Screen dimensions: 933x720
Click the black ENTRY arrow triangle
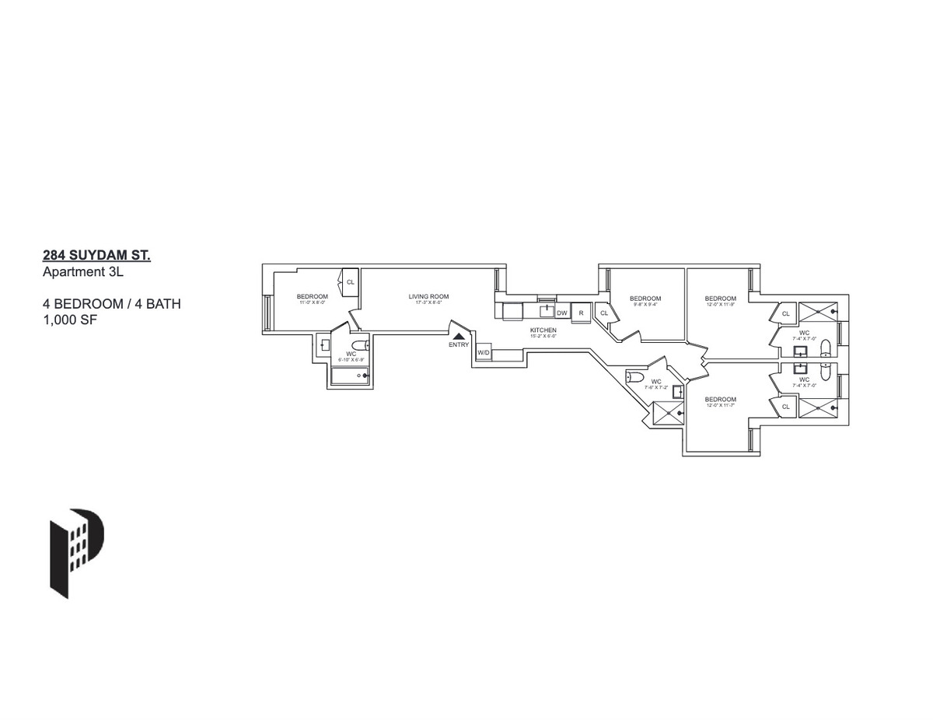[460, 336]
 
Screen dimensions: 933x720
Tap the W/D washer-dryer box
[483, 353]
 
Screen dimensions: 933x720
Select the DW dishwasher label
[561, 313]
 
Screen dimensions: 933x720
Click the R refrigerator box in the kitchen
[581, 313]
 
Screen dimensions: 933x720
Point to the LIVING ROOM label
[428, 296]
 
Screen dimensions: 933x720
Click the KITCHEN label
[543, 330]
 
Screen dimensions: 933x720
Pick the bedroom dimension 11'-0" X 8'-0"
[312, 302]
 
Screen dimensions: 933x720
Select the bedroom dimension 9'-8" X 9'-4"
[645, 305]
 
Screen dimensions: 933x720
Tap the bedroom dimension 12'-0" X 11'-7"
[721, 405]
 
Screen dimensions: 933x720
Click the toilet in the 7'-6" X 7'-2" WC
[635, 378]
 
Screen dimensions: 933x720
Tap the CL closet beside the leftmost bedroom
[350, 281]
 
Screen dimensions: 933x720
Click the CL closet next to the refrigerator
[604, 313]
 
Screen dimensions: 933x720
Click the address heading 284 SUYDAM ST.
[96, 255]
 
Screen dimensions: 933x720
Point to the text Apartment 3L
[80, 272]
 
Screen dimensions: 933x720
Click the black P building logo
[77, 552]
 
